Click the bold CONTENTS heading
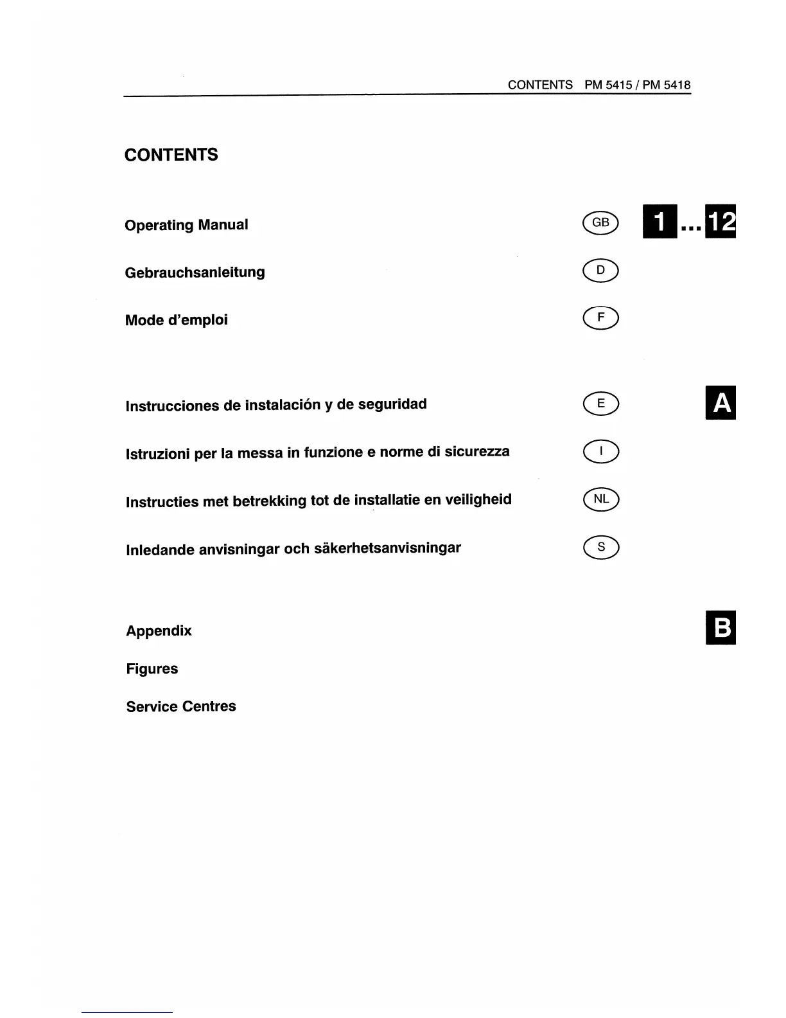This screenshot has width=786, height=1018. (x=171, y=155)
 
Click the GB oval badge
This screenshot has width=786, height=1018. (x=600, y=222)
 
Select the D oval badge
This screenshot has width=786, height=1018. (x=600, y=270)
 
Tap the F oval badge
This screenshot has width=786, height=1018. (x=600, y=317)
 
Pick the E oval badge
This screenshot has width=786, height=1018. (x=600, y=403)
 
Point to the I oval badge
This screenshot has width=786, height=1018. (x=600, y=452)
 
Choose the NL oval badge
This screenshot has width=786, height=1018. (x=600, y=499)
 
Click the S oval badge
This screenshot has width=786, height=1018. (x=600, y=547)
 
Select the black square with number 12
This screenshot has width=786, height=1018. (x=720, y=222)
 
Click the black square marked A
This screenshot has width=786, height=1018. (x=720, y=403)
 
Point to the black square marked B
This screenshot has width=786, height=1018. (x=720, y=627)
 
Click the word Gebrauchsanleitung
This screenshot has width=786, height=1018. (x=195, y=272)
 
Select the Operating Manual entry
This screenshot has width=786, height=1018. (x=186, y=225)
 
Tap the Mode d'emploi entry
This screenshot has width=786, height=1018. (x=176, y=320)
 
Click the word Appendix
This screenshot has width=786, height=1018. (x=159, y=630)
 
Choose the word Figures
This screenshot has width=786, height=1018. (x=152, y=668)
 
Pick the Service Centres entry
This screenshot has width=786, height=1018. (x=181, y=706)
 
